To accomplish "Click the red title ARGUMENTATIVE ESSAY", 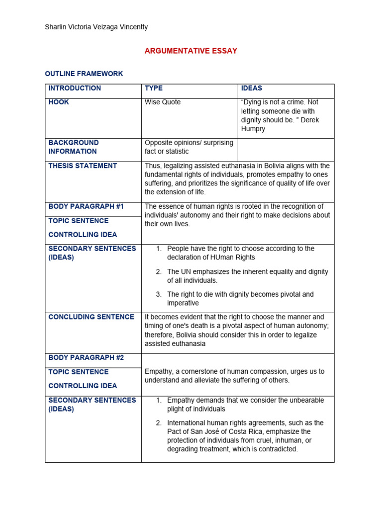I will (191, 51).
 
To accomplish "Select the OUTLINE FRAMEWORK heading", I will (84, 74).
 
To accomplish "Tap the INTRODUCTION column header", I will (75, 88).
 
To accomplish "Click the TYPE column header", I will (153, 88).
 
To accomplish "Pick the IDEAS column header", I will (251, 88).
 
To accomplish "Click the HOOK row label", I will (59, 102).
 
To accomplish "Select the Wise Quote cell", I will (163, 102).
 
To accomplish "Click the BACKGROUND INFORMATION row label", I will (74, 147).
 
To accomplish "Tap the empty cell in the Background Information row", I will (286, 150).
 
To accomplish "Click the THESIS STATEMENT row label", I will (83, 166).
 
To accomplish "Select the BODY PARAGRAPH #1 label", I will (86, 206).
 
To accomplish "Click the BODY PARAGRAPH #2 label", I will (86, 357).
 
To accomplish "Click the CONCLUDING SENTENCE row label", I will (91, 317).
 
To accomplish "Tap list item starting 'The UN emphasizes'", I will (247, 276).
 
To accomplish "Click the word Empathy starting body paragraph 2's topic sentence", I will (158, 371).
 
